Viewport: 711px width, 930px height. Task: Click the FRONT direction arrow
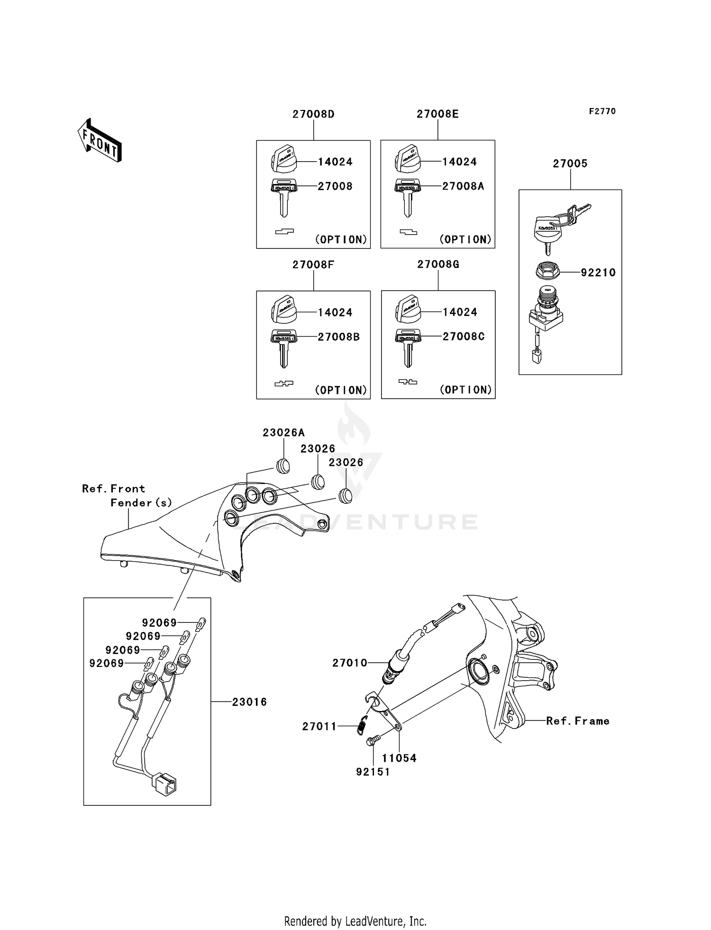click(100, 141)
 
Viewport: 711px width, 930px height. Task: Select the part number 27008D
click(313, 114)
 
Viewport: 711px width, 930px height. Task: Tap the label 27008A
click(463, 186)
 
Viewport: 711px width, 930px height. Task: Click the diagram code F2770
click(602, 111)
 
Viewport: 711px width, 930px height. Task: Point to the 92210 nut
click(547, 272)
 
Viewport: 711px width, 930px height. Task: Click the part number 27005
click(570, 164)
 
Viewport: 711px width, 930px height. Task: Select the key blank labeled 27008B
click(283, 348)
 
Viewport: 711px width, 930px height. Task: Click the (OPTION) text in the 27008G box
click(465, 390)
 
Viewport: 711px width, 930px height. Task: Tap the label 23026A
click(283, 432)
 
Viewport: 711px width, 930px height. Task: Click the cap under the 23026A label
click(283, 466)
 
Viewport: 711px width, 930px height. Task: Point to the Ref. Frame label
click(577, 721)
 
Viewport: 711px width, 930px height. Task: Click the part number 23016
click(249, 702)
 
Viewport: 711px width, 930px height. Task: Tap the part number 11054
click(399, 758)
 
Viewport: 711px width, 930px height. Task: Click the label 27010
click(350, 663)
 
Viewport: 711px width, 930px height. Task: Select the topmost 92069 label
click(159, 622)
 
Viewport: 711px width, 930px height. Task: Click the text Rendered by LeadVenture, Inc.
click(355, 921)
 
